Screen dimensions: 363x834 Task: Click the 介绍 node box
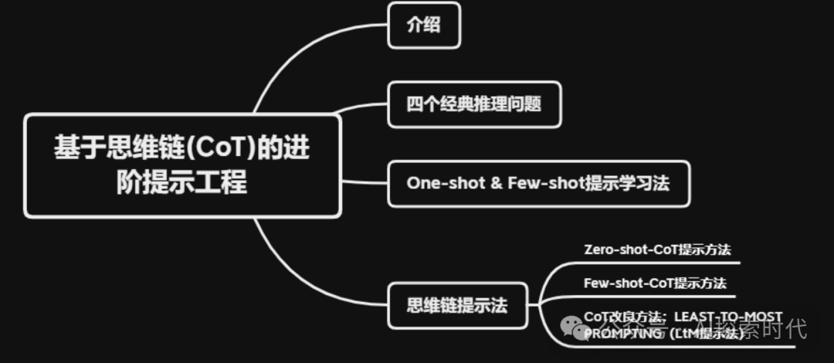click(424, 25)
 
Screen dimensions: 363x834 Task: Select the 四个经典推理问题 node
click(473, 104)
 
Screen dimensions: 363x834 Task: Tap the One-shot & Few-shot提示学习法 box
click(537, 184)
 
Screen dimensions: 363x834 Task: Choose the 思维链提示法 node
click(457, 305)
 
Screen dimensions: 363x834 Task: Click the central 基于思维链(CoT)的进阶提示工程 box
click(182, 165)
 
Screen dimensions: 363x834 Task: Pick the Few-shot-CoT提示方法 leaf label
click(655, 283)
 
